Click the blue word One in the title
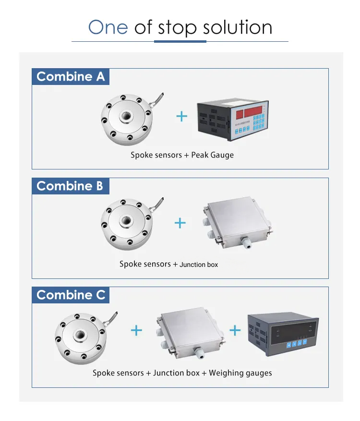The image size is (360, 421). tap(108, 27)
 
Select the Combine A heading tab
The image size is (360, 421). tap(71, 76)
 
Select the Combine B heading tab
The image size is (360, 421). tap(71, 186)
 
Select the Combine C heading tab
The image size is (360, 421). tap(71, 295)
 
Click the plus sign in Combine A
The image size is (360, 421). tap(182, 116)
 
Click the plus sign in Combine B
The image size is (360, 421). tap(180, 223)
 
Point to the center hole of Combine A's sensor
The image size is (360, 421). tap(126, 116)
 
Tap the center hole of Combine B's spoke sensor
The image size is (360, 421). tap(126, 221)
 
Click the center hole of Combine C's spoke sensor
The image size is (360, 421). tap(80, 335)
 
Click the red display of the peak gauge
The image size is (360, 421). tap(249, 112)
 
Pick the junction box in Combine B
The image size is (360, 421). tap(238, 223)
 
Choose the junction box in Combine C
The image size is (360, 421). tap(191, 333)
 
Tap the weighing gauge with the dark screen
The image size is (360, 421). tap(283, 334)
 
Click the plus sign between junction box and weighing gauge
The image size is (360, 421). tap(235, 330)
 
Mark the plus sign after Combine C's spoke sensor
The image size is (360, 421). tap(136, 330)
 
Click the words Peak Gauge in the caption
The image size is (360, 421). tap(212, 155)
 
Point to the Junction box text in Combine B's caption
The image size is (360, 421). tap(199, 265)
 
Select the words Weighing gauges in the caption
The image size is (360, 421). tap(240, 373)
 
